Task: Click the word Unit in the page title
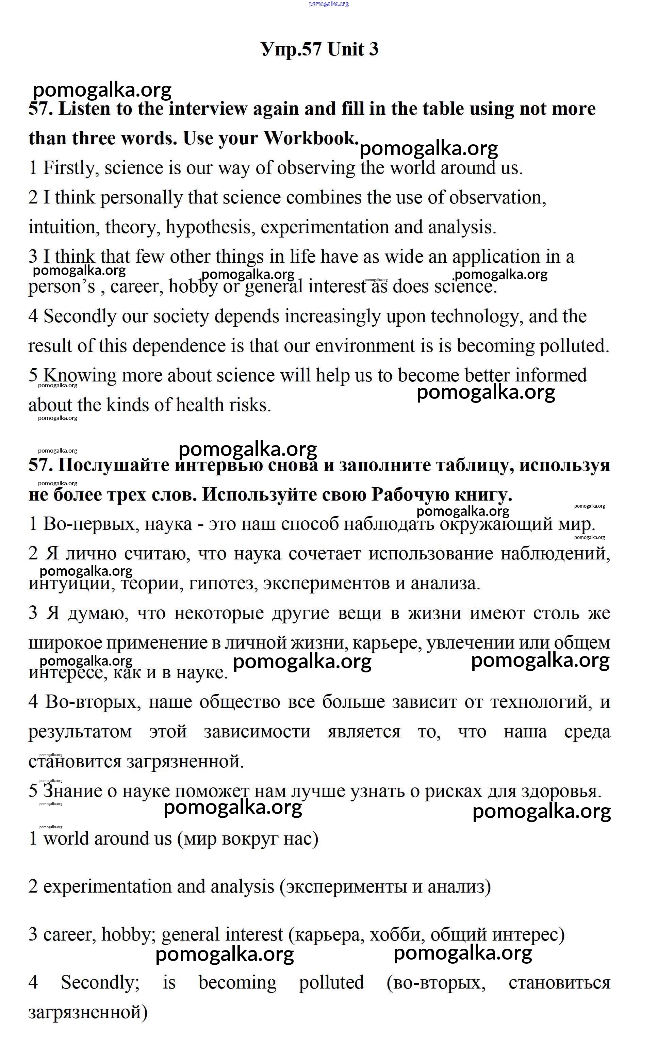[346, 49]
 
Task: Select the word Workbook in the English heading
[310, 138]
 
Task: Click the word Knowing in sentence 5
[80, 375]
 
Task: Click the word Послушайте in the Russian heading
[113, 465]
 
